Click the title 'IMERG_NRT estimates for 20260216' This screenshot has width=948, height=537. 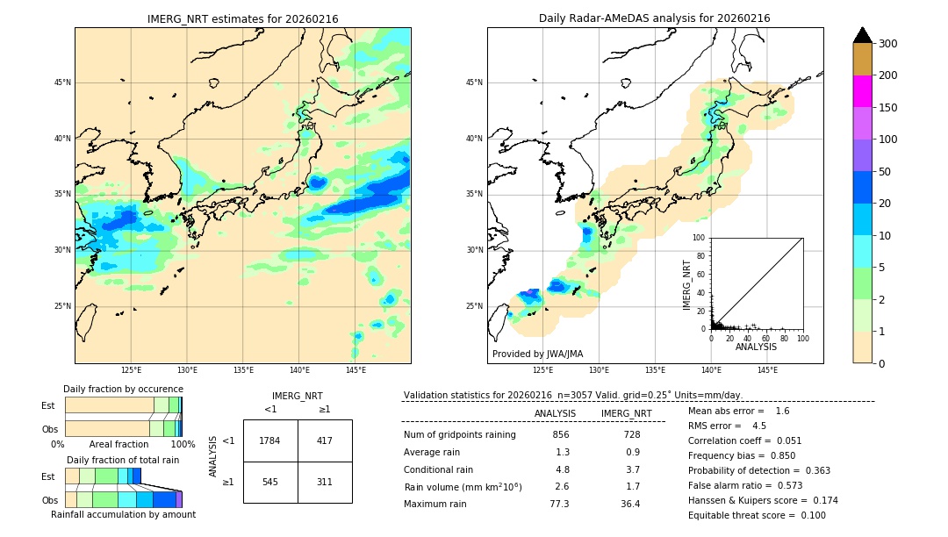(x=242, y=18)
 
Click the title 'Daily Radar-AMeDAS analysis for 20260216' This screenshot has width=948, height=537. (x=655, y=18)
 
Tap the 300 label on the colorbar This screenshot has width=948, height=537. (x=889, y=44)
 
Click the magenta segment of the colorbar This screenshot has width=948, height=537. (x=862, y=91)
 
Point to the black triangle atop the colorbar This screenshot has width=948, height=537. (x=863, y=35)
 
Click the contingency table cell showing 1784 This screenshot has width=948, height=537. (x=270, y=440)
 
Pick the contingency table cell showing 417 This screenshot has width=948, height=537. (x=325, y=440)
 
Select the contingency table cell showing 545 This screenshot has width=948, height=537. (x=270, y=483)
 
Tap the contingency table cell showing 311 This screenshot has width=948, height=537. (x=325, y=483)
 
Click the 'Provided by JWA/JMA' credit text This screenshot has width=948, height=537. (x=537, y=354)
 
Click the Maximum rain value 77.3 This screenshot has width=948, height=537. (x=559, y=504)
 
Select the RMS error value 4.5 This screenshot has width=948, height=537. (x=759, y=426)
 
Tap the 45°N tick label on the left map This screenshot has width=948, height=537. (x=62, y=82)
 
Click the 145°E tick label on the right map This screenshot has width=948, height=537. (x=767, y=370)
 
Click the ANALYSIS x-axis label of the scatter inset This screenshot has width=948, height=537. (x=757, y=347)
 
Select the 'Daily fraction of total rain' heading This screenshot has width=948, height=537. (x=123, y=460)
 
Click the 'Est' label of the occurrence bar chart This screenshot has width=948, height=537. (x=47, y=405)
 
